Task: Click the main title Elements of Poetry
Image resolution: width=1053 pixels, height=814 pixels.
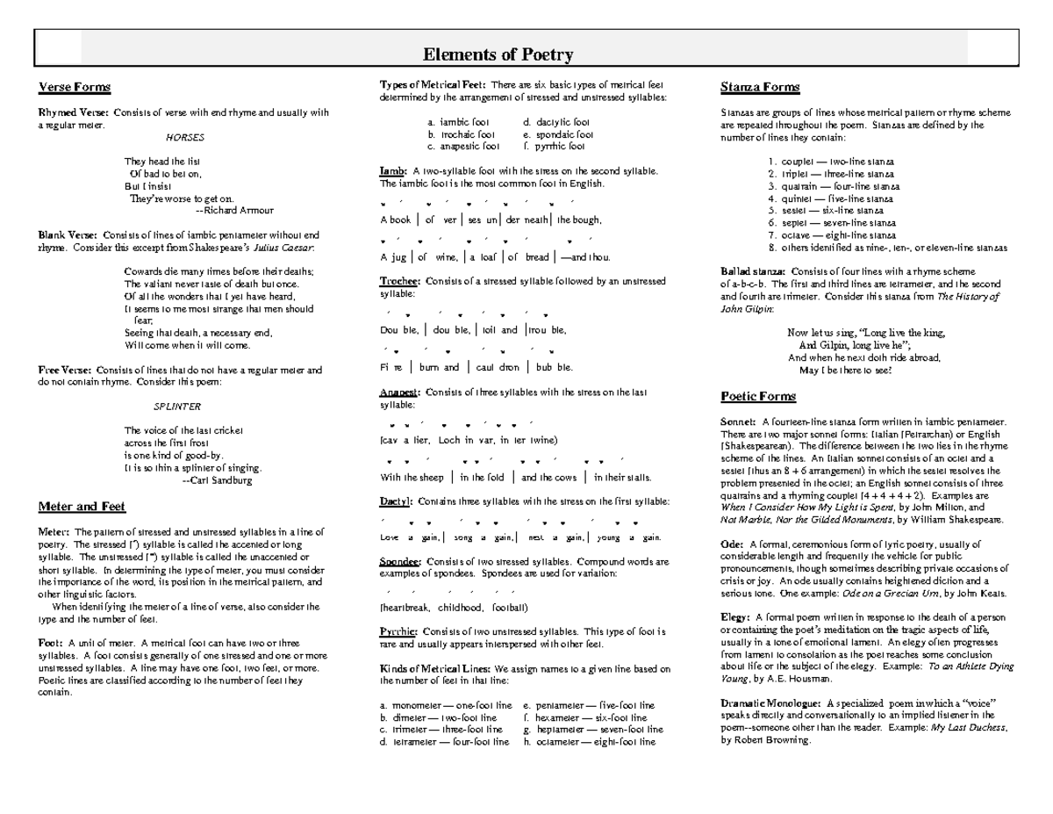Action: [x=498, y=54]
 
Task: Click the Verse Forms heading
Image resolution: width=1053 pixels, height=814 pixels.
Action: [x=74, y=87]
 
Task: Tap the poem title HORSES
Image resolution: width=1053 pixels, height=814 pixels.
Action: [x=185, y=138]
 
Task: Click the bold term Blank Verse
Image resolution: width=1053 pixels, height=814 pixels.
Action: [x=68, y=235]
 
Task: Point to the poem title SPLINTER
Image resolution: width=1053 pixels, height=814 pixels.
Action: [x=177, y=407]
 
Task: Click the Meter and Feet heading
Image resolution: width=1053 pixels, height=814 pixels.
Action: [x=82, y=507]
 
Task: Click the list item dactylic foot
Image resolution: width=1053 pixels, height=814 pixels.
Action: [x=556, y=122]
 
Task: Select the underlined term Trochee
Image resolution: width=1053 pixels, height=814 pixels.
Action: [x=399, y=282]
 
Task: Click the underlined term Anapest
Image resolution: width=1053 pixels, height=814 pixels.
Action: [x=399, y=393]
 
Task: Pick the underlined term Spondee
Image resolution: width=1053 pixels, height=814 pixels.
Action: [x=399, y=561]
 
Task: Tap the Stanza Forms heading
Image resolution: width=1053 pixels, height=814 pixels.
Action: [x=759, y=87]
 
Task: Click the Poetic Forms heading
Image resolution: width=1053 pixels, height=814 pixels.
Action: [x=758, y=396]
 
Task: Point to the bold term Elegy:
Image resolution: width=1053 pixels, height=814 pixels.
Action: [x=734, y=617]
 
